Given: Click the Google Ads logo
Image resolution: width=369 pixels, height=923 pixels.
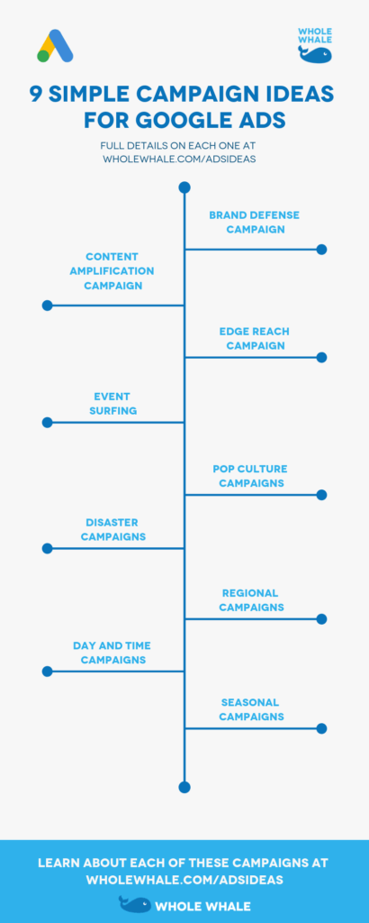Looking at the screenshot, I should [55, 46].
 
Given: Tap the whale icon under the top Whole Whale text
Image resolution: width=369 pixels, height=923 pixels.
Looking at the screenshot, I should [316, 54].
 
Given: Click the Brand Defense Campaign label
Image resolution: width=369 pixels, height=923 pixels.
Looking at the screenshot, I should [254, 222].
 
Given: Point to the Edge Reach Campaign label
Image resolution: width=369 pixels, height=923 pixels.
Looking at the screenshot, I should [255, 338].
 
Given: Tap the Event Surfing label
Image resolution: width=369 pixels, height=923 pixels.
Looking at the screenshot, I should [113, 403].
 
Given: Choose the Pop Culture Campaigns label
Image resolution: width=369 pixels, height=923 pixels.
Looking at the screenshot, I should [251, 476].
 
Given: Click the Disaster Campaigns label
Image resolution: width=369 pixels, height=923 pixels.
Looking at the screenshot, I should [113, 529].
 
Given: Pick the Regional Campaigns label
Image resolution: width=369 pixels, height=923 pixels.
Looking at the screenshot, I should [251, 600].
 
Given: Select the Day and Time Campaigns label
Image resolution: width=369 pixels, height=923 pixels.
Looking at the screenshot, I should [112, 653].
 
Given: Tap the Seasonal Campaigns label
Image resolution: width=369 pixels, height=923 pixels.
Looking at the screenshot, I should [250, 709].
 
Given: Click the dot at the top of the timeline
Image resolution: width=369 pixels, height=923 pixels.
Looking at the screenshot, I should [184, 187].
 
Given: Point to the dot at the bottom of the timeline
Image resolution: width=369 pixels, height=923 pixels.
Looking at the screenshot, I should [184, 787].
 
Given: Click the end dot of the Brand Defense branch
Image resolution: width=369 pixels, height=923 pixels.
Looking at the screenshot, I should [321, 249].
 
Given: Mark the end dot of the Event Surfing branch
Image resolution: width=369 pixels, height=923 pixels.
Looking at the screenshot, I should [47, 422].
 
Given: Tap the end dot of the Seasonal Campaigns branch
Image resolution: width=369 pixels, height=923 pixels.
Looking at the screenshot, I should [321, 728].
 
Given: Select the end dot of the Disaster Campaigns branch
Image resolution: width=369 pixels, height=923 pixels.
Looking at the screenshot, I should [47, 548].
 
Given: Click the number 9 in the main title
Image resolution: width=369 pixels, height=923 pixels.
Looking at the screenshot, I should [35, 95].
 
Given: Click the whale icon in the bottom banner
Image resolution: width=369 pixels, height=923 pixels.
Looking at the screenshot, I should [135, 904].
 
